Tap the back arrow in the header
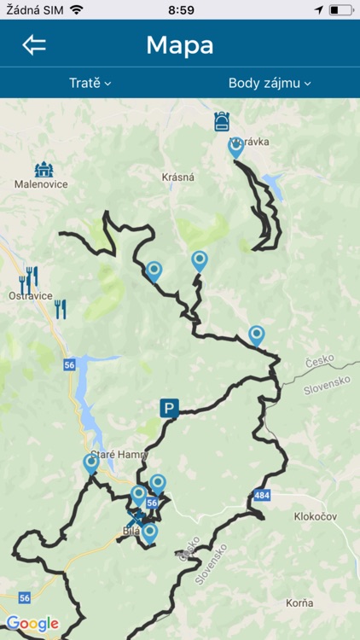click(x=34, y=45)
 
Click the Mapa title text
click(x=180, y=45)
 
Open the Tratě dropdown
click(x=90, y=83)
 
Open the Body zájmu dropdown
click(x=270, y=83)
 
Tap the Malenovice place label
click(x=41, y=183)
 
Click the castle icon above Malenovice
click(x=44, y=169)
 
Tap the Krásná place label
click(x=178, y=177)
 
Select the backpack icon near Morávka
click(x=222, y=121)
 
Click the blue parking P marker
click(x=169, y=409)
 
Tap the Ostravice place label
click(x=30, y=296)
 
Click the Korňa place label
click(x=299, y=602)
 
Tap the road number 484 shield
click(x=262, y=496)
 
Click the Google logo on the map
click(x=32, y=624)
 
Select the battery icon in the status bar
click(x=340, y=9)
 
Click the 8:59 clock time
click(x=181, y=9)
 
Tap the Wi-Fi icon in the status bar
click(x=77, y=9)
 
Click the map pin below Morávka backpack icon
click(x=236, y=147)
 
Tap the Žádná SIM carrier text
click(x=32, y=9)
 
